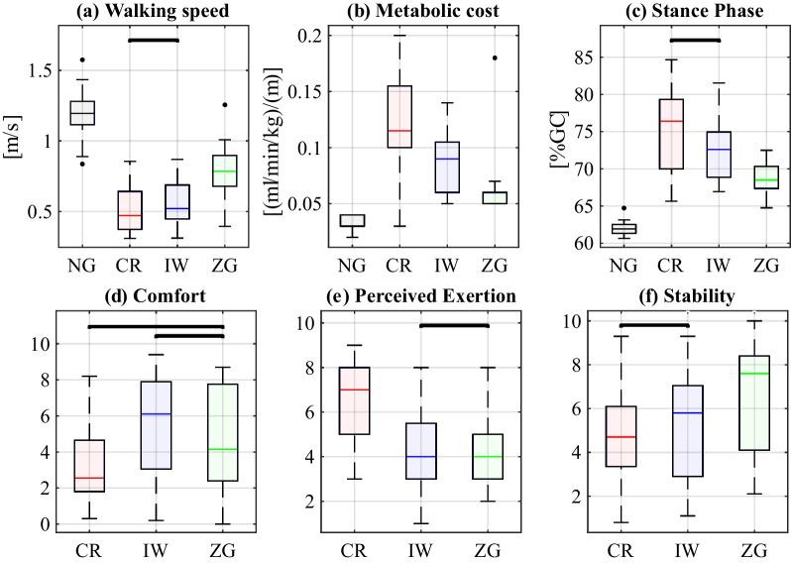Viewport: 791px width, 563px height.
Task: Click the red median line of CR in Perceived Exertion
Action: click(354, 390)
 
